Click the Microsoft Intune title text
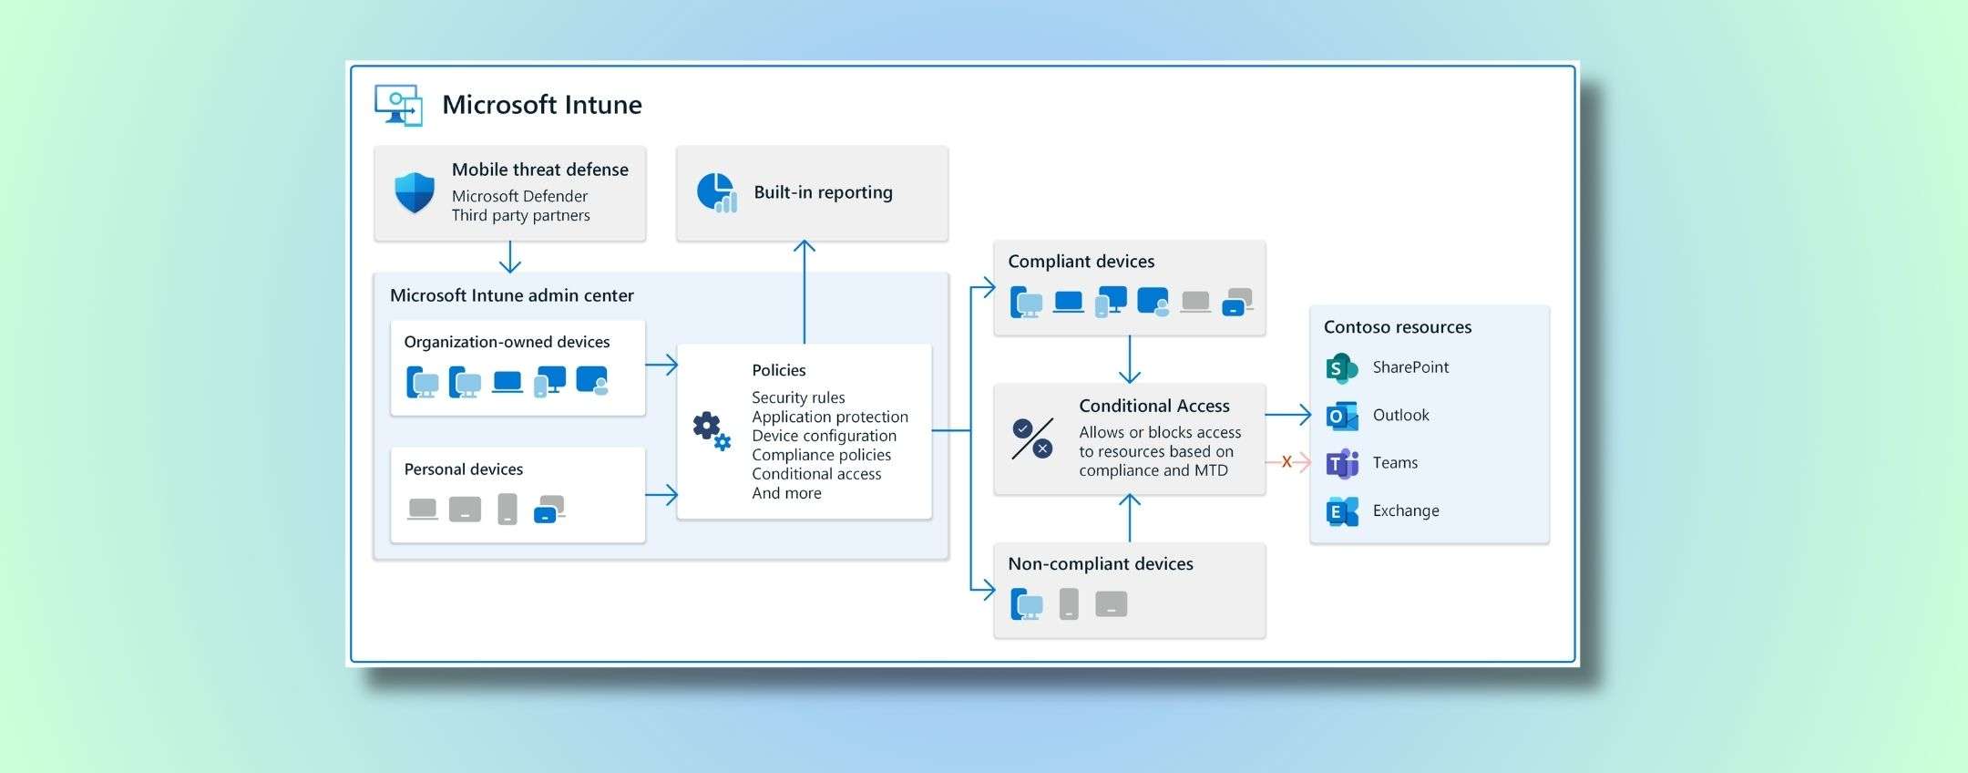coord(541,105)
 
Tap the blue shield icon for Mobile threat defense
coord(414,192)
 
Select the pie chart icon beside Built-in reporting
coord(716,192)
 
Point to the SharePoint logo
coord(1341,367)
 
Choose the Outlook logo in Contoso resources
coord(1341,416)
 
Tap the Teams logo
coord(1341,463)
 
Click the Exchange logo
coord(1341,511)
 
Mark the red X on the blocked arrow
coord(1286,462)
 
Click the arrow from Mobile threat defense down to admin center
coord(510,257)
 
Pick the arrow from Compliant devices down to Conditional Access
coord(1129,359)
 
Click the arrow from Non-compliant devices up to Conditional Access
coord(1129,518)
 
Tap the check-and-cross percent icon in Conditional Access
coord(1032,438)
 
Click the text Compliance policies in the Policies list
coord(821,455)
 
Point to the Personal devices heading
coord(463,469)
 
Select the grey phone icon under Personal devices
coord(507,509)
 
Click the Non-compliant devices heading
coord(1100,564)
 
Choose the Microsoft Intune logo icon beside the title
coord(398,105)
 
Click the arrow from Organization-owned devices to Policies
coord(661,365)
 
